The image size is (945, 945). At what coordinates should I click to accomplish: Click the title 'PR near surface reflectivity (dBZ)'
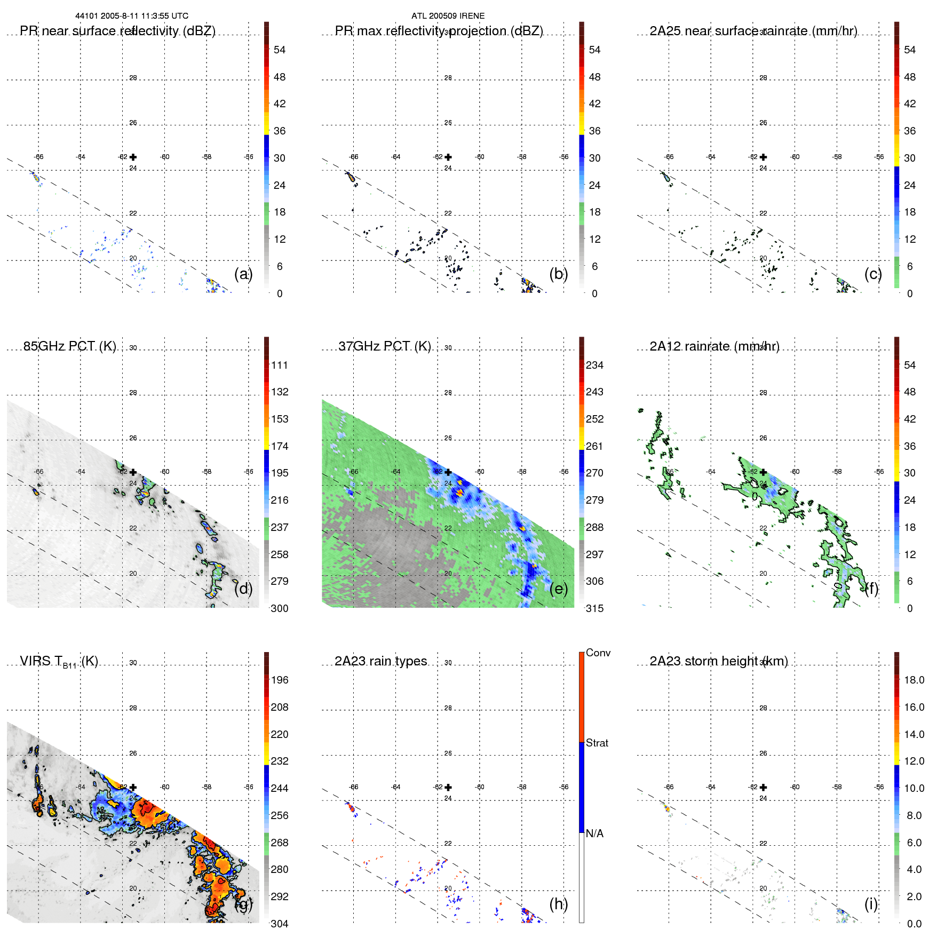click(x=117, y=31)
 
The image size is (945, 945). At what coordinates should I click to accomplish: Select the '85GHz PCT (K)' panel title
click(x=69, y=346)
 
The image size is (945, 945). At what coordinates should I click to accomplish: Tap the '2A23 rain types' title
click(x=380, y=661)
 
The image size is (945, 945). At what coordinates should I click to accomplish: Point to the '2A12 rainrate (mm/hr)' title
click(x=714, y=346)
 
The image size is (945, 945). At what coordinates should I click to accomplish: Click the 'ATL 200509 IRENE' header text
click(x=448, y=16)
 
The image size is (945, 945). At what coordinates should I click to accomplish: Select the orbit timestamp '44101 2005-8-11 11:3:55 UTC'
click(x=132, y=16)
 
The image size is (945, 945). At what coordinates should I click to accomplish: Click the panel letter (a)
click(x=243, y=274)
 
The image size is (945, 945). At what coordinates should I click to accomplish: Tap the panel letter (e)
click(x=558, y=589)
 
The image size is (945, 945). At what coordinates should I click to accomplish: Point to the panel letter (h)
click(x=558, y=904)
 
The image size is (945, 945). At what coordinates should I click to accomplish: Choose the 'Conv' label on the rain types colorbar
click(x=598, y=653)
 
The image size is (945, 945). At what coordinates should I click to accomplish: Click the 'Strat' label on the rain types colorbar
click(x=597, y=743)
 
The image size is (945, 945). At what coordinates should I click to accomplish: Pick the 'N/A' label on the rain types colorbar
click(x=594, y=833)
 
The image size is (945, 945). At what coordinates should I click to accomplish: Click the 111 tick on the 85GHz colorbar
click(x=279, y=365)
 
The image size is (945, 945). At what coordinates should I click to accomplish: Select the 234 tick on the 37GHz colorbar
click(x=594, y=365)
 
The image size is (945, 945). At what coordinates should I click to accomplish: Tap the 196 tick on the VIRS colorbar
click(x=279, y=680)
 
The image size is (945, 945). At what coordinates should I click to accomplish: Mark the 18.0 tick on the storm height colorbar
click(x=914, y=680)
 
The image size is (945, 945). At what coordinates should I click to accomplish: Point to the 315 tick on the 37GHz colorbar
click(x=594, y=608)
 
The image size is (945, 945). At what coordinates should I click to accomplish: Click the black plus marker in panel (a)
click(x=133, y=157)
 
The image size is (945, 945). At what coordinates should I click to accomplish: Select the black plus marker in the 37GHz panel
click(x=448, y=472)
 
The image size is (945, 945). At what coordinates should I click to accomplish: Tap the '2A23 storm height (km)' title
click(x=718, y=661)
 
